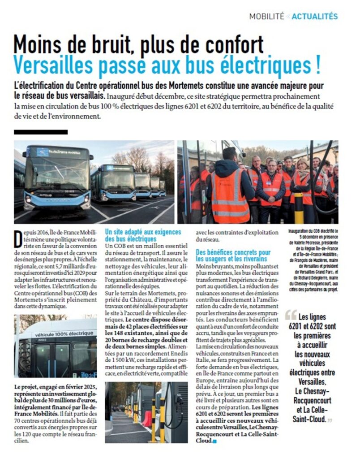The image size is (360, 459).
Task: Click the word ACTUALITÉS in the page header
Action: (315, 17)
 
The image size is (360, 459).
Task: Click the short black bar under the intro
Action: (41, 132)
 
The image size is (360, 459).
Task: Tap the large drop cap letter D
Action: (19, 238)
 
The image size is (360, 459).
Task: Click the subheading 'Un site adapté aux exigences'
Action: (143, 232)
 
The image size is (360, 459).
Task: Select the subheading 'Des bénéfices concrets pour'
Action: (233, 252)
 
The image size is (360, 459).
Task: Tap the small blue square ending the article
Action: (214, 442)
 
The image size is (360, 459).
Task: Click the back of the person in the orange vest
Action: (230, 193)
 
